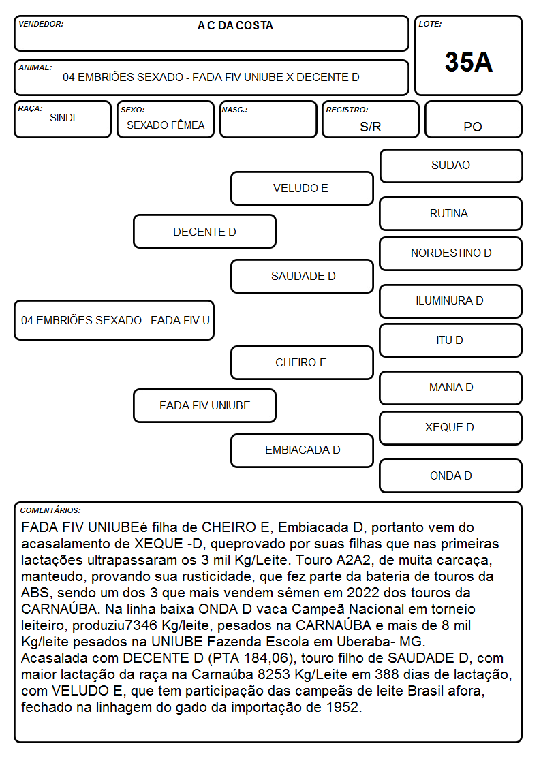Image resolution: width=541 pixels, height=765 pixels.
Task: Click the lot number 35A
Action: tap(468, 62)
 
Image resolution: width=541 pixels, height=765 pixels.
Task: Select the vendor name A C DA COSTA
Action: tap(235, 26)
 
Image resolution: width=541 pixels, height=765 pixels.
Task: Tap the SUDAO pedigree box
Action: tap(451, 166)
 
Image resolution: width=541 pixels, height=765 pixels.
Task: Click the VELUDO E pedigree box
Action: tap(302, 188)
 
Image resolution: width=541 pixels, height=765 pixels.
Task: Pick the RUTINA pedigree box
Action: tap(451, 213)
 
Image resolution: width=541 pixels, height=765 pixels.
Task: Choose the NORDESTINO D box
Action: tap(451, 253)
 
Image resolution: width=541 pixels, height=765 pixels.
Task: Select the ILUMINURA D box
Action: tap(451, 301)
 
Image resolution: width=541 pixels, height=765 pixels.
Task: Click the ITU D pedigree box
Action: tap(451, 340)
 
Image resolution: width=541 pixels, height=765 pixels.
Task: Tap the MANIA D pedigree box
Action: tap(451, 388)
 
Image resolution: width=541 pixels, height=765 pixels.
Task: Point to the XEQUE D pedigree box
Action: tap(451, 428)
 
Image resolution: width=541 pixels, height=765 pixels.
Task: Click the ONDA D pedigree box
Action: tap(451, 475)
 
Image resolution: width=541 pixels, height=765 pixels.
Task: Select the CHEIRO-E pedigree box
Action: tap(302, 362)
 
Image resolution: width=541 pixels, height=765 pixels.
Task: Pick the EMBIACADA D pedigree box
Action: tap(302, 450)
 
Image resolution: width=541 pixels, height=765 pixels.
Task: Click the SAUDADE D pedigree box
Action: tap(302, 276)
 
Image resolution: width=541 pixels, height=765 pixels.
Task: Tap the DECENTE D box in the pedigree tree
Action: tap(205, 231)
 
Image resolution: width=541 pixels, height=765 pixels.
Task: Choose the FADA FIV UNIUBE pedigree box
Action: tap(205, 405)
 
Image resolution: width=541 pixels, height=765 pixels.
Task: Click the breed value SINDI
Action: tap(63, 118)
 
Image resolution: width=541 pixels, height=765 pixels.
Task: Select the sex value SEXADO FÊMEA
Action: tap(166, 125)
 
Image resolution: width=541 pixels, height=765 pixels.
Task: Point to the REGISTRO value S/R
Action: tap(370, 127)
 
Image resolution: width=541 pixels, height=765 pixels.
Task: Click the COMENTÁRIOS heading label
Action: tap(50, 510)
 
